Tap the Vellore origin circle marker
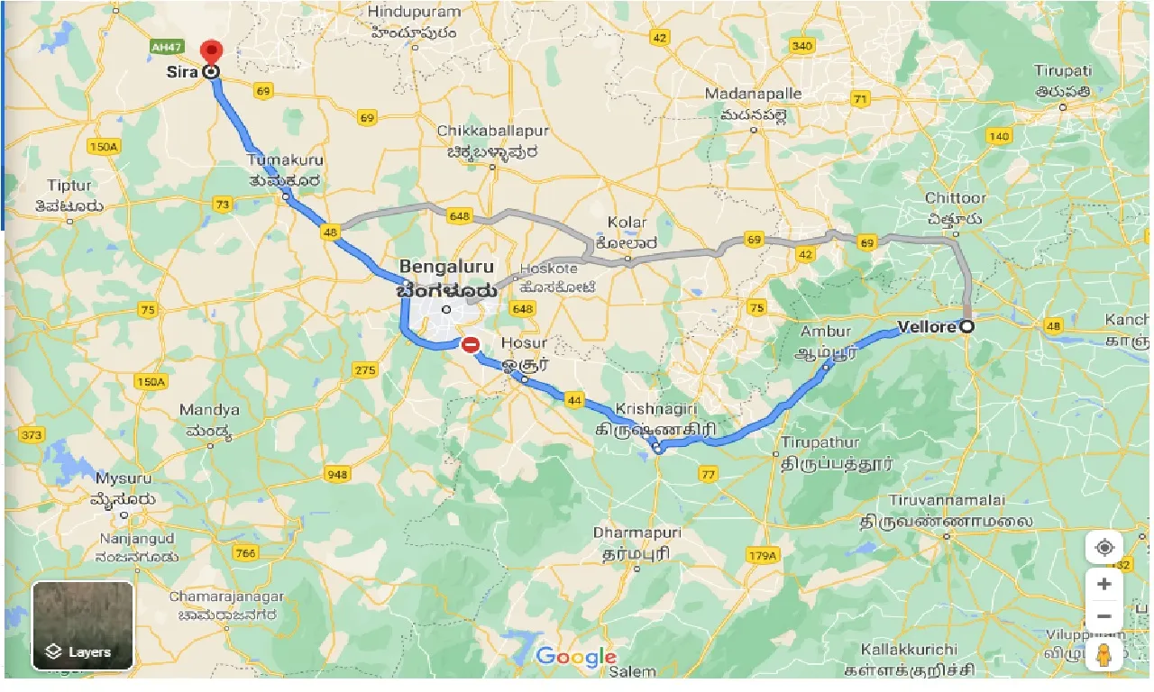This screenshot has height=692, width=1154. click(966, 327)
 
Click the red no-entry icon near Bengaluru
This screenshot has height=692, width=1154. click(470, 344)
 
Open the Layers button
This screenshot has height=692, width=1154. click(83, 626)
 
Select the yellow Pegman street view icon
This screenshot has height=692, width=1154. click(1104, 655)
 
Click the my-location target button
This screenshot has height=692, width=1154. click(1104, 547)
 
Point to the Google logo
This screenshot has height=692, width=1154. click(577, 657)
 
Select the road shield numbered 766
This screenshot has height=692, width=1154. click(244, 552)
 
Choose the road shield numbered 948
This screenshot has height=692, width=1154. click(338, 474)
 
